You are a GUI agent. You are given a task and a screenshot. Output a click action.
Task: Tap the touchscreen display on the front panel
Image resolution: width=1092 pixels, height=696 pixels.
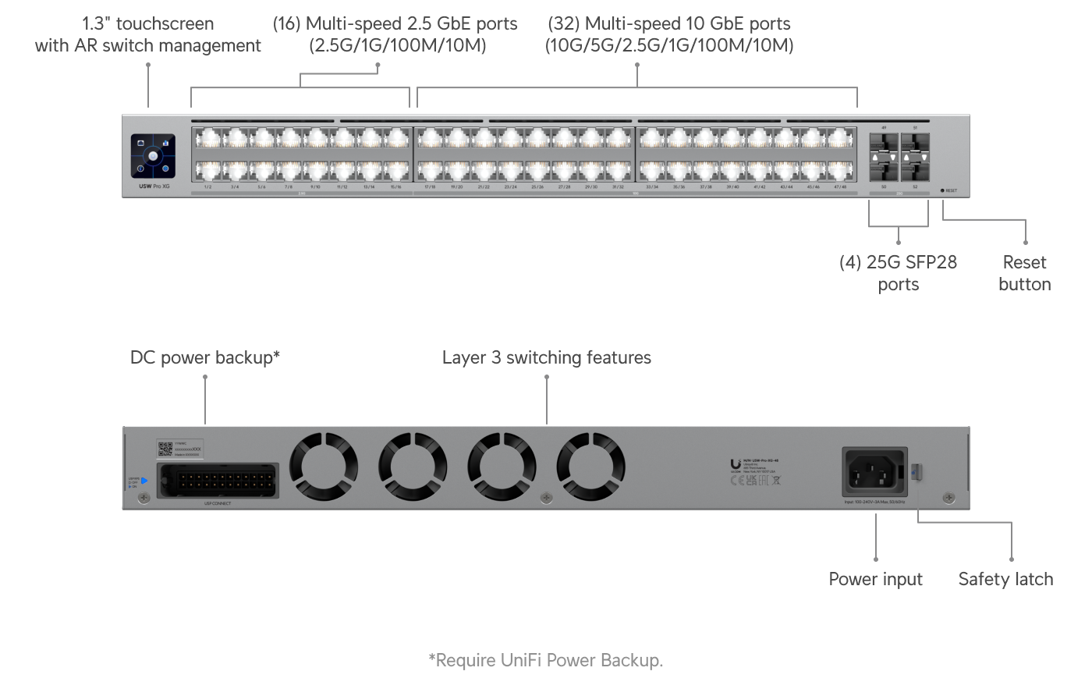point(154,156)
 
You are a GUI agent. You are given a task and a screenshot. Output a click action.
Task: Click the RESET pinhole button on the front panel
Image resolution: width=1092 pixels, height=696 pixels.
point(942,190)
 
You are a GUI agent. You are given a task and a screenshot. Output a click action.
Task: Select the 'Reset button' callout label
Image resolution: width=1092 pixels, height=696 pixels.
point(1024,273)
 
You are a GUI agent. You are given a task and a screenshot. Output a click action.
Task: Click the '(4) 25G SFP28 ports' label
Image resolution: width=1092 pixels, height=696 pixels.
point(898,273)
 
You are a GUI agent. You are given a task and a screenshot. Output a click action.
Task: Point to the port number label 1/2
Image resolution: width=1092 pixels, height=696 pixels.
point(207,187)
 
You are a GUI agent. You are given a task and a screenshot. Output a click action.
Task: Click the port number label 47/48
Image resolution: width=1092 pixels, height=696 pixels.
point(841,187)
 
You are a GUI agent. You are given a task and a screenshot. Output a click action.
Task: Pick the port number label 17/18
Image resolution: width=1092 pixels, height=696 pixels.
point(430,187)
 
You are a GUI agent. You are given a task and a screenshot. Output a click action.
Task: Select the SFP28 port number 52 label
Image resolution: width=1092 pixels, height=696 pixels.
point(915,187)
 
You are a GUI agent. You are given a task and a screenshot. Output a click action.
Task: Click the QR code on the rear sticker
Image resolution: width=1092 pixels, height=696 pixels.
point(165,448)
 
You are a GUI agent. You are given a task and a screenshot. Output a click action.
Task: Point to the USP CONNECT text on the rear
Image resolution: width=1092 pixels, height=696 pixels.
point(218,503)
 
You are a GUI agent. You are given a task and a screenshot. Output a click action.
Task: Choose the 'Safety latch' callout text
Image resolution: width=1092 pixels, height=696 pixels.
point(1005,579)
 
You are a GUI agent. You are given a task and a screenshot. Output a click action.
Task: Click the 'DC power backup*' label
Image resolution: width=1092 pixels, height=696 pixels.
point(204,357)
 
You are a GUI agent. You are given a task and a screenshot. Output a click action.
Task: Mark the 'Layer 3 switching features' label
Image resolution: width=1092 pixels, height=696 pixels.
point(546,357)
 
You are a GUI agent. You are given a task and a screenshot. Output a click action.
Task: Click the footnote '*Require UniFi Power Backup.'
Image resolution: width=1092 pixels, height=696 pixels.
point(546,660)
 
